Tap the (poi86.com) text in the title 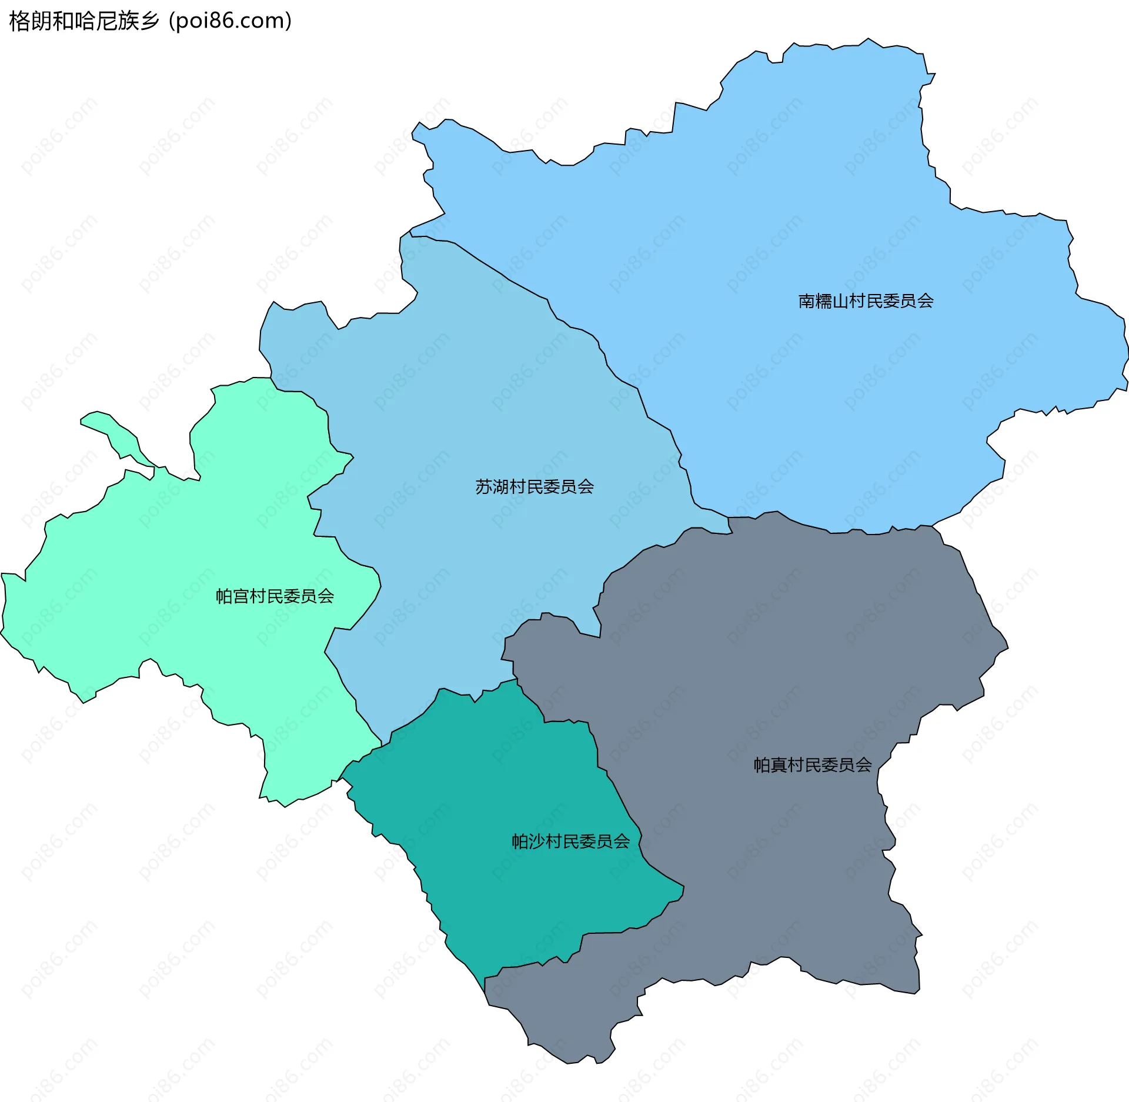[231, 21]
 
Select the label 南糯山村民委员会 [866, 301]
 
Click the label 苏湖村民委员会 [534, 487]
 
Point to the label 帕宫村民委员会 [275, 596]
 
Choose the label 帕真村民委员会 [813, 764]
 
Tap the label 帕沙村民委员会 [570, 841]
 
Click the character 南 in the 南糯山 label [806, 301]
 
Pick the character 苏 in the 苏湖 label [483, 487]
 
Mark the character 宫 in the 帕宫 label [241, 596]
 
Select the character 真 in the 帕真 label [779, 764]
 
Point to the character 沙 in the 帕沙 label [537, 841]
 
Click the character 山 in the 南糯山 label [840, 301]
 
